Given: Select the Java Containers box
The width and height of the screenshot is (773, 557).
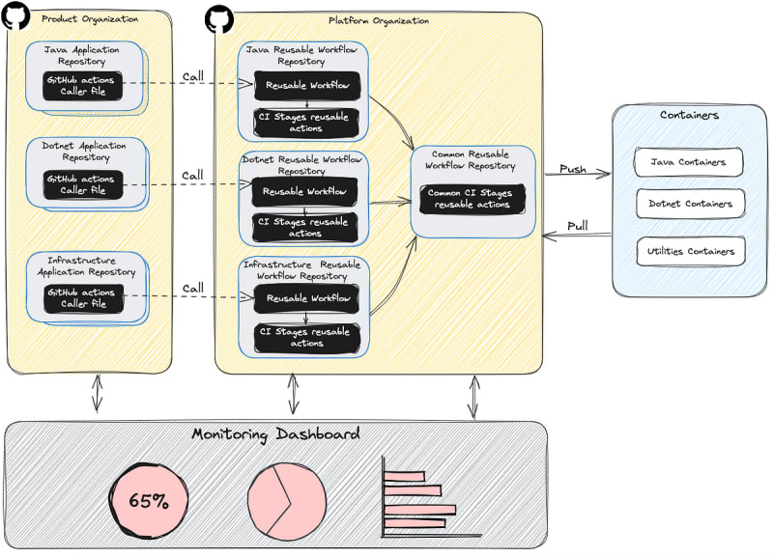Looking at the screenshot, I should tap(689, 162).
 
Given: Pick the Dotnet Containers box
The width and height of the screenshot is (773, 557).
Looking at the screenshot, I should tap(689, 204).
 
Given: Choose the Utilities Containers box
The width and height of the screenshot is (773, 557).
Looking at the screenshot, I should tap(689, 252).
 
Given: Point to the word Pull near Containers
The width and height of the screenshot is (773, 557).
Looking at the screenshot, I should tap(577, 225).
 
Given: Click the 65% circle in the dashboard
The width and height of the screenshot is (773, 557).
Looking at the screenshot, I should tap(149, 501).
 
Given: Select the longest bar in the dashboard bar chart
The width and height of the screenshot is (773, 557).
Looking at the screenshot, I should tap(419, 509).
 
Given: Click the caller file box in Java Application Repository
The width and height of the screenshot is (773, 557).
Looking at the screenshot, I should tap(81, 86).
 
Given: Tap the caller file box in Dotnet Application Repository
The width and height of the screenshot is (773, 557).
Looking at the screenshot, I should tap(83, 184).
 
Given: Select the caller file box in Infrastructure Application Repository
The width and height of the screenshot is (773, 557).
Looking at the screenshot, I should tap(81, 297).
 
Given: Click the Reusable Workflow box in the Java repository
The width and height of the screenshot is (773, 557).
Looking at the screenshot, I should tap(305, 85).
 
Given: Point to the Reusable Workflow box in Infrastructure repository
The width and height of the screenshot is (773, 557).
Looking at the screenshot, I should tap(305, 298).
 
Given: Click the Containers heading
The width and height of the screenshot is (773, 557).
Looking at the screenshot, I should tap(688, 115).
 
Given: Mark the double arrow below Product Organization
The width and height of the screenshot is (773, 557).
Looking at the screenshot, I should tap(95, 393).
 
